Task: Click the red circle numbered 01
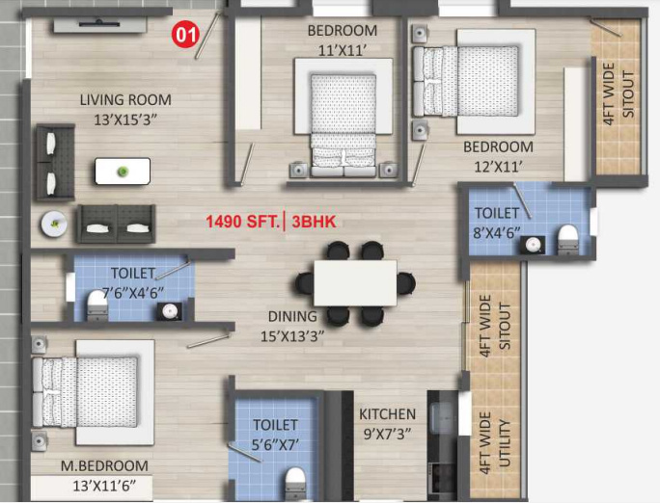point(185,36)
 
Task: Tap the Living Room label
point(125,108)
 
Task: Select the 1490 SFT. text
point(240,222)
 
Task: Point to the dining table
point(355,282)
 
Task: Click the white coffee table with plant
point(123,172)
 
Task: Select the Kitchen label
point(387,423)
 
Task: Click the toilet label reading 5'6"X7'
point(275,434)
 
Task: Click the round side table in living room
point(52,223)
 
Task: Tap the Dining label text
point(292,325)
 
